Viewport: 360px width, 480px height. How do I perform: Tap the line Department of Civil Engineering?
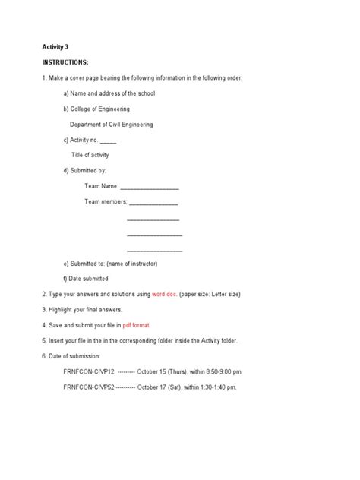pos(111,124)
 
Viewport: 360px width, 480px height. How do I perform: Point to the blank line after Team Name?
pos(150,186)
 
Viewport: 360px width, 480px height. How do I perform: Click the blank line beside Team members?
pos(153,202)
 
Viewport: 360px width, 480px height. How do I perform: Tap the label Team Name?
pos(101,186)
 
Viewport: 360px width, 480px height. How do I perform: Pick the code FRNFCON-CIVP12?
pos(89,371)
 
